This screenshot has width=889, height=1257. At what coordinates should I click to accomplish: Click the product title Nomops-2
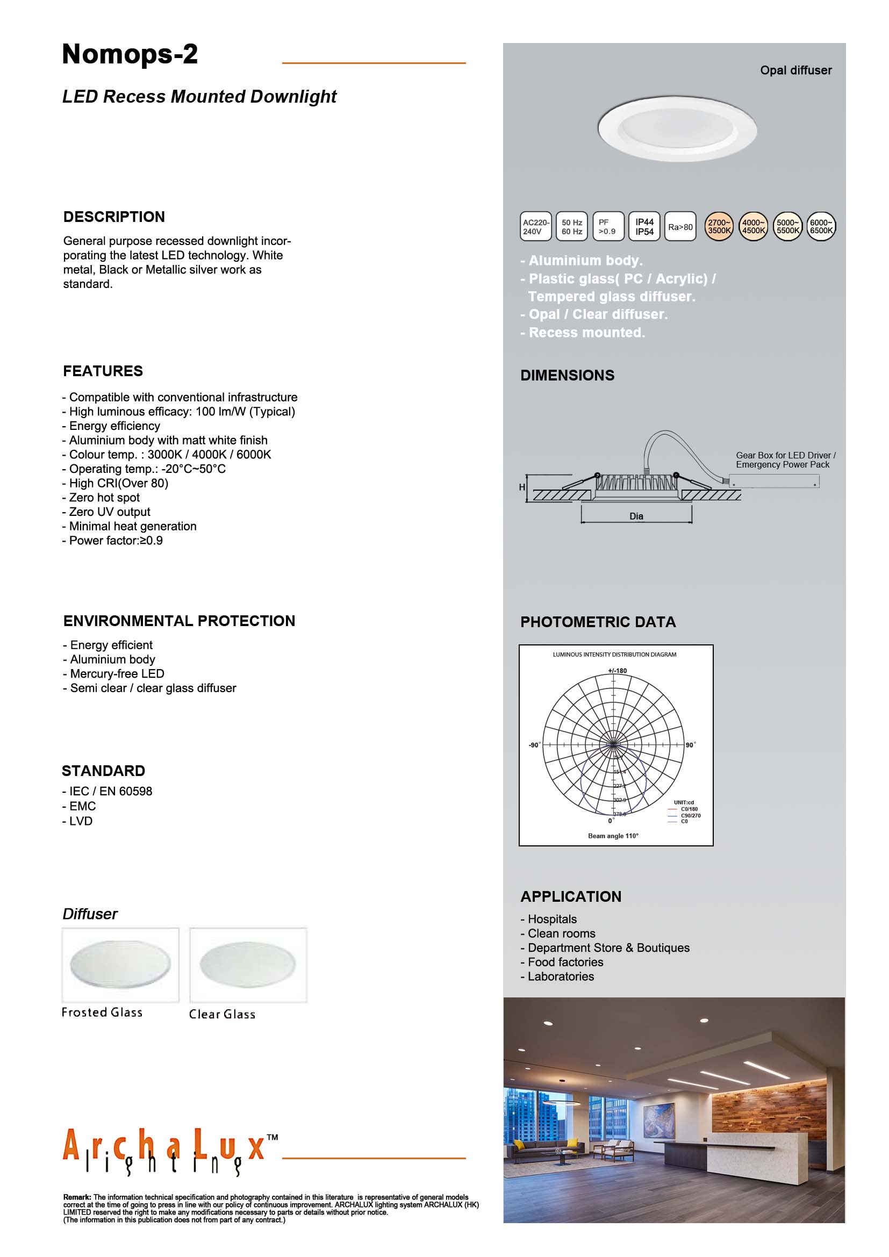click(130, 55)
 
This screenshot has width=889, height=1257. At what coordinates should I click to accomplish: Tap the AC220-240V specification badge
click(535, 227)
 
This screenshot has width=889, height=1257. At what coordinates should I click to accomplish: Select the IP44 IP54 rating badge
click(644, 227)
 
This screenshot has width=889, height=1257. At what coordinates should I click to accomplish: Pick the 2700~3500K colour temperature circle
click(718, 227)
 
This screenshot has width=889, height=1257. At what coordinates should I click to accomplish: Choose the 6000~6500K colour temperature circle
click(821, 227)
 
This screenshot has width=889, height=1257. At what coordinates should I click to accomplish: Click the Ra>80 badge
click(680, 227)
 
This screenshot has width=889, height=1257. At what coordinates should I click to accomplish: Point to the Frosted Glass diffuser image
click(120, 965)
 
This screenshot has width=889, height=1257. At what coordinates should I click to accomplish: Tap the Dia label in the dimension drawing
click(636, 516)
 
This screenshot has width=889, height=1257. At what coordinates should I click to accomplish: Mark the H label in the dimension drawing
click(522, 487)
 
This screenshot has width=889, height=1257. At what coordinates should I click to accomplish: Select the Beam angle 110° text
click(613, 836)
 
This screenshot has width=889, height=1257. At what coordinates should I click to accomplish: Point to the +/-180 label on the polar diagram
click(618, 671)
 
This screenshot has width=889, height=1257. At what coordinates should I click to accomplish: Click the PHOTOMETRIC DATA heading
click(598, 622)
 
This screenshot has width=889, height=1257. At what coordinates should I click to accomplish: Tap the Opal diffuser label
click(795, 70)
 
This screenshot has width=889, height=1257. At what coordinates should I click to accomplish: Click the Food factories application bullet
click(565, 962)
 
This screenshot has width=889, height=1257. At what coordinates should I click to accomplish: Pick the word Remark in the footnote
click(77, 1197)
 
